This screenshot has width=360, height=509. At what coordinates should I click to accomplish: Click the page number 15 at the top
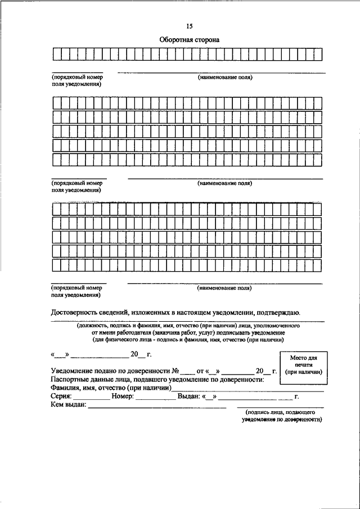[x=190, y=26]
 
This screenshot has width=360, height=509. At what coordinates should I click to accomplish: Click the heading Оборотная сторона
[x=189, y=40]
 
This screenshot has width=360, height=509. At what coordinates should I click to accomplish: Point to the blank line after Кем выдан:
[x=157, y=406]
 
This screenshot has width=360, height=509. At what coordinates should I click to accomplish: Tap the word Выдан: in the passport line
[x=190, y=397]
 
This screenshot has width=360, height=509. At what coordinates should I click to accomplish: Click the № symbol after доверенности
[x=175, y=371]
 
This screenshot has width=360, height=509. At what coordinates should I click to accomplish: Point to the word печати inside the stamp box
[x=303, y=365]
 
